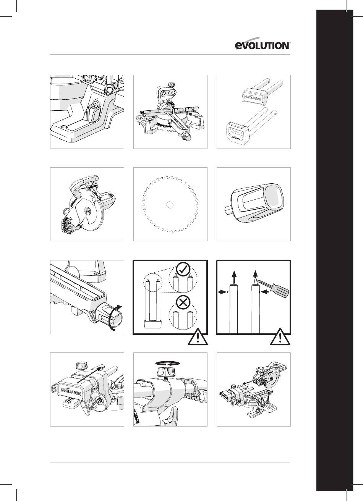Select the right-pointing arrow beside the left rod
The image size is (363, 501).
[x=222, y=292]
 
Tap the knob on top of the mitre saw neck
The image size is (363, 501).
[x=171, y=84]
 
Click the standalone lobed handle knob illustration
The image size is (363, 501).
[x=254, y=203]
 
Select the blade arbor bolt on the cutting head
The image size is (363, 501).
[x=87, y=210]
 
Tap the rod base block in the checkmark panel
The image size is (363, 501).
[x=153, y=324]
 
